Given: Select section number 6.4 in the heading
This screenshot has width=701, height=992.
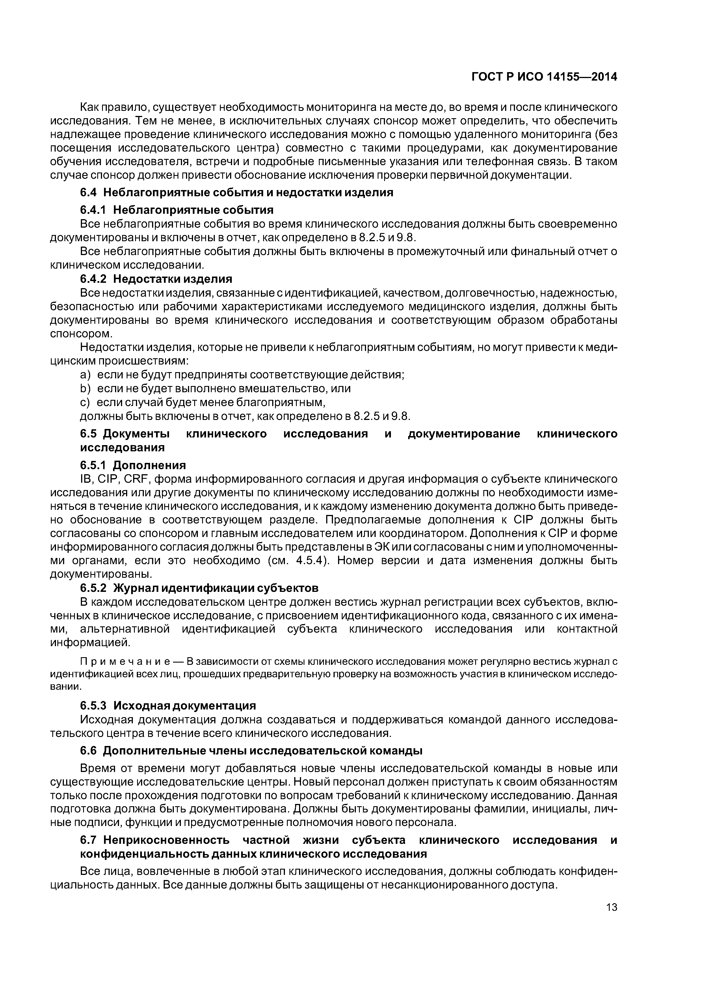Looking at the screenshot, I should [89, 192].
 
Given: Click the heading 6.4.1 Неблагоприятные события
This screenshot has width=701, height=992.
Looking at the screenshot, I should [177, 210].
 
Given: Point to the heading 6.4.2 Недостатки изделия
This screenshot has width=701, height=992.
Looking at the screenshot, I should [156, 279].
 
